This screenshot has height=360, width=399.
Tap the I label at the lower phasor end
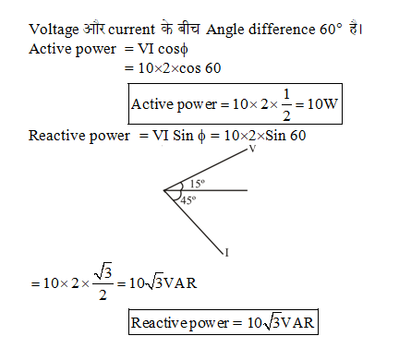pos(226,250)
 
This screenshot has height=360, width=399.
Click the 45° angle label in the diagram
pos(188,200)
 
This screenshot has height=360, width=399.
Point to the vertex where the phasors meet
pos(165,191)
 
